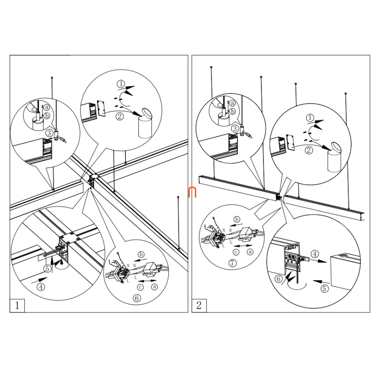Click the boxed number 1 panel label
click(17, 305)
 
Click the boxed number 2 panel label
click(199, 305)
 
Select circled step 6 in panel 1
click(137, 298)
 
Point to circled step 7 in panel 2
click(232, 263)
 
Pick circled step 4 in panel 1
click(41, 286)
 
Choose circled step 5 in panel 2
click(324, 289)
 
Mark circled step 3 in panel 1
click(50, 133)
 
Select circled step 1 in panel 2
click(310, 118)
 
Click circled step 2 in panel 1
click(120, 117)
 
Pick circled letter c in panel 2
click(236, 252)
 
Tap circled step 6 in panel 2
click(279, 279)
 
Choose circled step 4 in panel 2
click(314, 253)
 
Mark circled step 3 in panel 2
click(235, 129)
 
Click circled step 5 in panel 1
click(47, 268)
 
